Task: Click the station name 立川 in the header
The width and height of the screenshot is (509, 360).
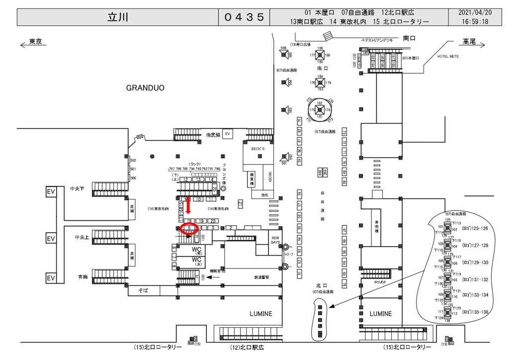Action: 118,17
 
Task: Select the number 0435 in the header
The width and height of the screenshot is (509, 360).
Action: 244,17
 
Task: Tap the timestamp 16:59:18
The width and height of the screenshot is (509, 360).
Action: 475,21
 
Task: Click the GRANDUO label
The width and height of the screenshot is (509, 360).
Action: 145,88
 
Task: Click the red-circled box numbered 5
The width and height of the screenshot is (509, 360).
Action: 189,228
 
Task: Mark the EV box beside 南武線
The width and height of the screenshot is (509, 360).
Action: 228,134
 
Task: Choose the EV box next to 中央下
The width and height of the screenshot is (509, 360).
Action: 51,191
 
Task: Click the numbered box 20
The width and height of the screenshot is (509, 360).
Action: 212,220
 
